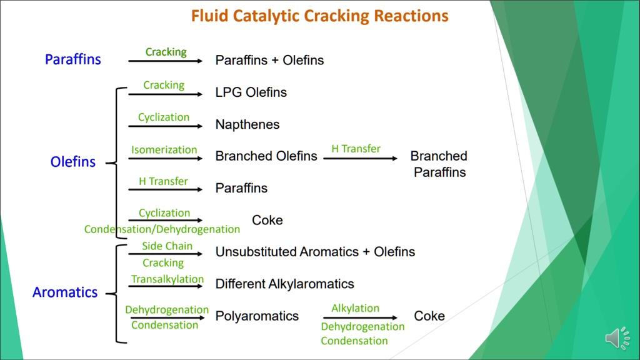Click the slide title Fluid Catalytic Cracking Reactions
(319, 16)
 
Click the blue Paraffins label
(72, 59)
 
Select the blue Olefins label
(73, 162)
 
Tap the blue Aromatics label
(65, 292)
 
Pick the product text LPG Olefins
(251, 92)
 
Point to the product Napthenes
(247, 124)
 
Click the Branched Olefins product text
(266, 156)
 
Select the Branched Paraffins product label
(439, 164)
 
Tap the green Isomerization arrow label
(164, 149)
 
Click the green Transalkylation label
(167, 279)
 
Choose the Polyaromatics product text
(257, 316)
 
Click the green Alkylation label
(355, 308)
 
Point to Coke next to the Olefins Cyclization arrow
(267, 220)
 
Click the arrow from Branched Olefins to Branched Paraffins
(360, 158)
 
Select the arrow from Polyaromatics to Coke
(360, 317)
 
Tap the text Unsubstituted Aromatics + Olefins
(315, 252)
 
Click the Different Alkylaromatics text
(284, 284)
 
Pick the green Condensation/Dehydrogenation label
(162, 229)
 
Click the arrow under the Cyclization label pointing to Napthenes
(165, 126)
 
